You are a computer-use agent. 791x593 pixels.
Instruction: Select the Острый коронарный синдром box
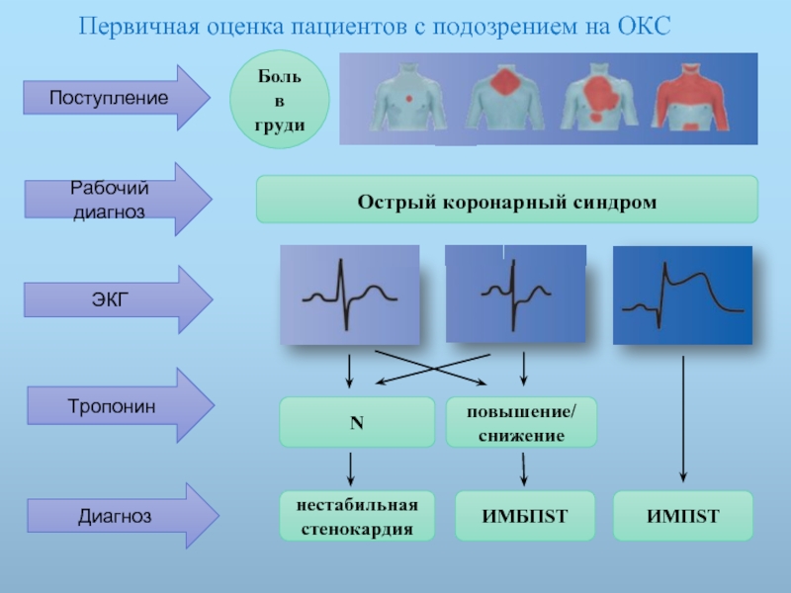(506, 200)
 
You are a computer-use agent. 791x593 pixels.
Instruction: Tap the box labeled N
(356, 422)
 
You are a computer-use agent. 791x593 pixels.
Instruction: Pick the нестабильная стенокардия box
(356, 516)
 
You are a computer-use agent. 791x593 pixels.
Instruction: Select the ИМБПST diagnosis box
(525, 516)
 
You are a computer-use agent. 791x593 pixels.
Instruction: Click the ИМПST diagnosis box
(683, 516)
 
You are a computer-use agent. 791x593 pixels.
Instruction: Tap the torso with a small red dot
(408, 100)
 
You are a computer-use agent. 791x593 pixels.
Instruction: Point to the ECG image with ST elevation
(682, 296)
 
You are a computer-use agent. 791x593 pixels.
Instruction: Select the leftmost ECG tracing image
(349, 296)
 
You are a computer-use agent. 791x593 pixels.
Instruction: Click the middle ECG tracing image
(514, 296)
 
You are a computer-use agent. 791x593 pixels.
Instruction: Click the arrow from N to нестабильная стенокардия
(350, 467)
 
